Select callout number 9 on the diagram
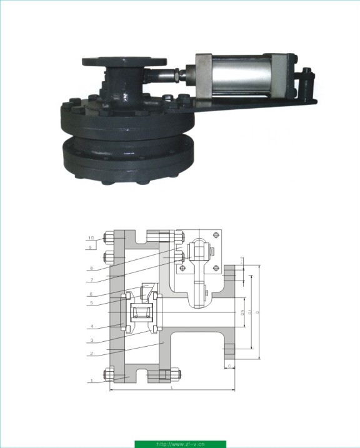91,247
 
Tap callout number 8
91,269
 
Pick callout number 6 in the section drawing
91,294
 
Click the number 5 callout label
91,303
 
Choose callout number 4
91,326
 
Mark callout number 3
91,341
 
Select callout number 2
91,354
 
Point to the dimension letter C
229,366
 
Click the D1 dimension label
250,311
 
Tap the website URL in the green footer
180,444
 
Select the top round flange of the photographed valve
124,61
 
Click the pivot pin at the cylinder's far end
307,79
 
